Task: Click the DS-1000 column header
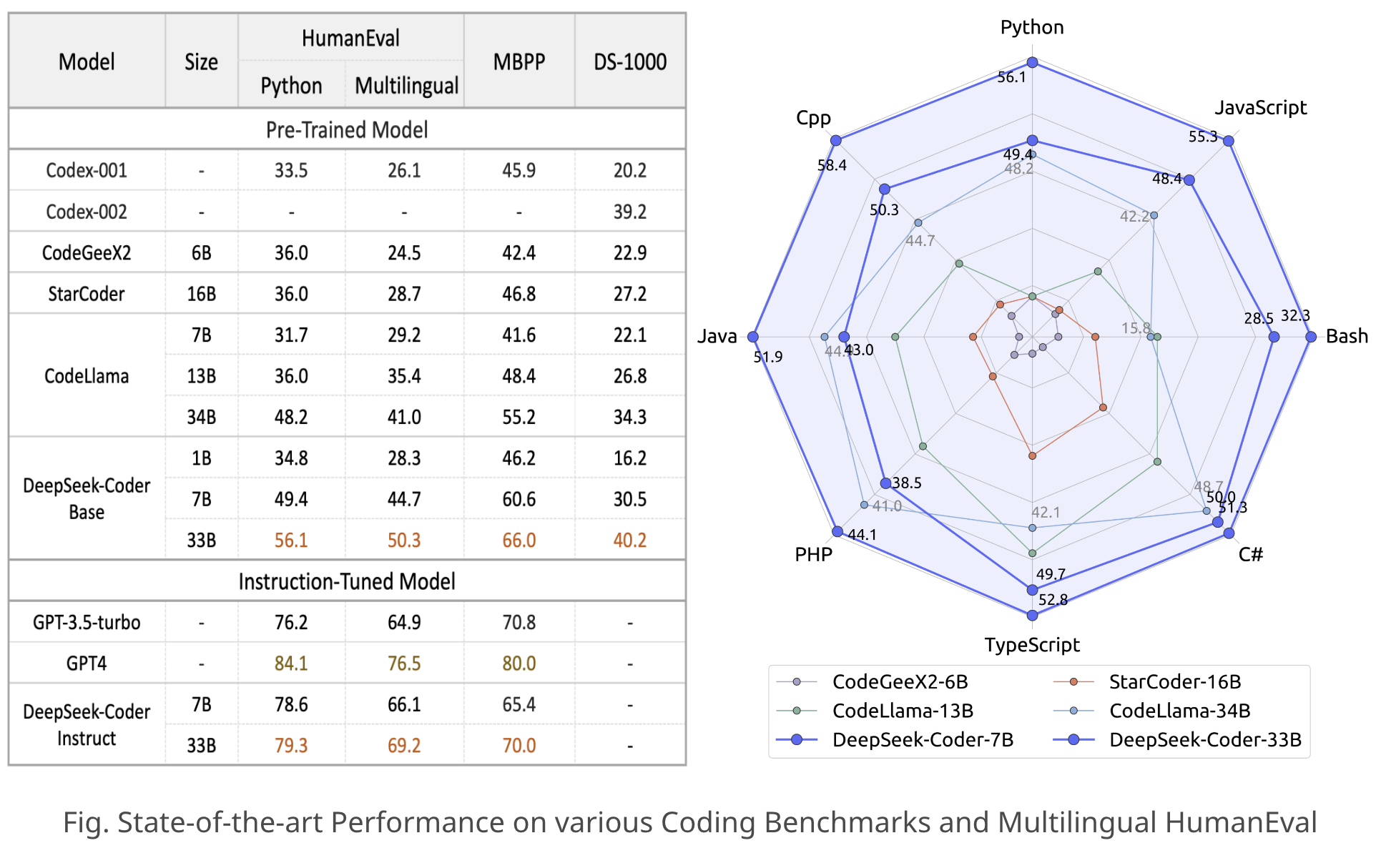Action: coord(629,62)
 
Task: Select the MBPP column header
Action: coord(519,62)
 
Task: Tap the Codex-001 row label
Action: coord(87,170)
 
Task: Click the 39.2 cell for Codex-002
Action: coord(629,212)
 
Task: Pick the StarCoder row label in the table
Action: coord(87,294)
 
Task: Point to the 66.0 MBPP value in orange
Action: coord(519,540)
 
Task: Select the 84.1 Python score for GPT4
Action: coord(291,664)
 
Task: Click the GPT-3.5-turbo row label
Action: coord(87,622)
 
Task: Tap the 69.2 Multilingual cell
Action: coord(404,746)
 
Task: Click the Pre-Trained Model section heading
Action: coord(347,129)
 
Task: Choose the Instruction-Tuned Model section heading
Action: coord(347,581)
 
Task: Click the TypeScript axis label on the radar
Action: coord(1031,645)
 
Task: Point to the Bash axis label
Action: coord(1346,336)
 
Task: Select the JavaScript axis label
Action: coord(1260,108)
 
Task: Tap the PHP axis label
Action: coord(813,555)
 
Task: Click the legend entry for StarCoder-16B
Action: coord(1174,682)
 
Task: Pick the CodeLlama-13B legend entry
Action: coord(903,711)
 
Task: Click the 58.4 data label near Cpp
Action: coord(832,166)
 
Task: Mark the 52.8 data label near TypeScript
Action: coord(1053,600)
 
